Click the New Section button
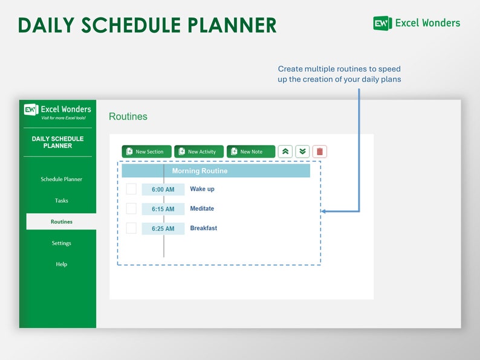pyautogui.click(x=146, y=152)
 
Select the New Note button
pyautogui.click(x=251, y=152)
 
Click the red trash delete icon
pyautogui.click(x=320, y=152)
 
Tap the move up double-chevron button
pyautogui.click(x=285, y=152)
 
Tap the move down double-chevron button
pyautogui.click(x=302, y=152)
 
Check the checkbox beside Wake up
pyautogui.click(x=131, y=189)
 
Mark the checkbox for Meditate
pyautogui.click(x=131, y=209)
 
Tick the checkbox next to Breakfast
pyautogui.click(x=131, y=228)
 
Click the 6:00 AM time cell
pyautogui.click(x=163, y=190)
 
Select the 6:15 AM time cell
pyautogui.click(x=163, y=209)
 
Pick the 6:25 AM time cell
pyautogui.click(x=163, y=229)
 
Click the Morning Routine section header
pyautogui.click(x=216, y=171)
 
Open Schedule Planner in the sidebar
pyautogui.click(x=61, y=179)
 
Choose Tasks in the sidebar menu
pyautogui.click(x=61, y=201)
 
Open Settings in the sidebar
pyautogui.click(x=61, y=243)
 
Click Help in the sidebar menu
pyautogui.click(x=61, y=264)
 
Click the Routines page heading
pyautogui.click(x=128, y=117)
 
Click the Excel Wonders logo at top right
pyautogui.click(x=417, y=23)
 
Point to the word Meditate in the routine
pyautogui.click(x=202, y=209)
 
